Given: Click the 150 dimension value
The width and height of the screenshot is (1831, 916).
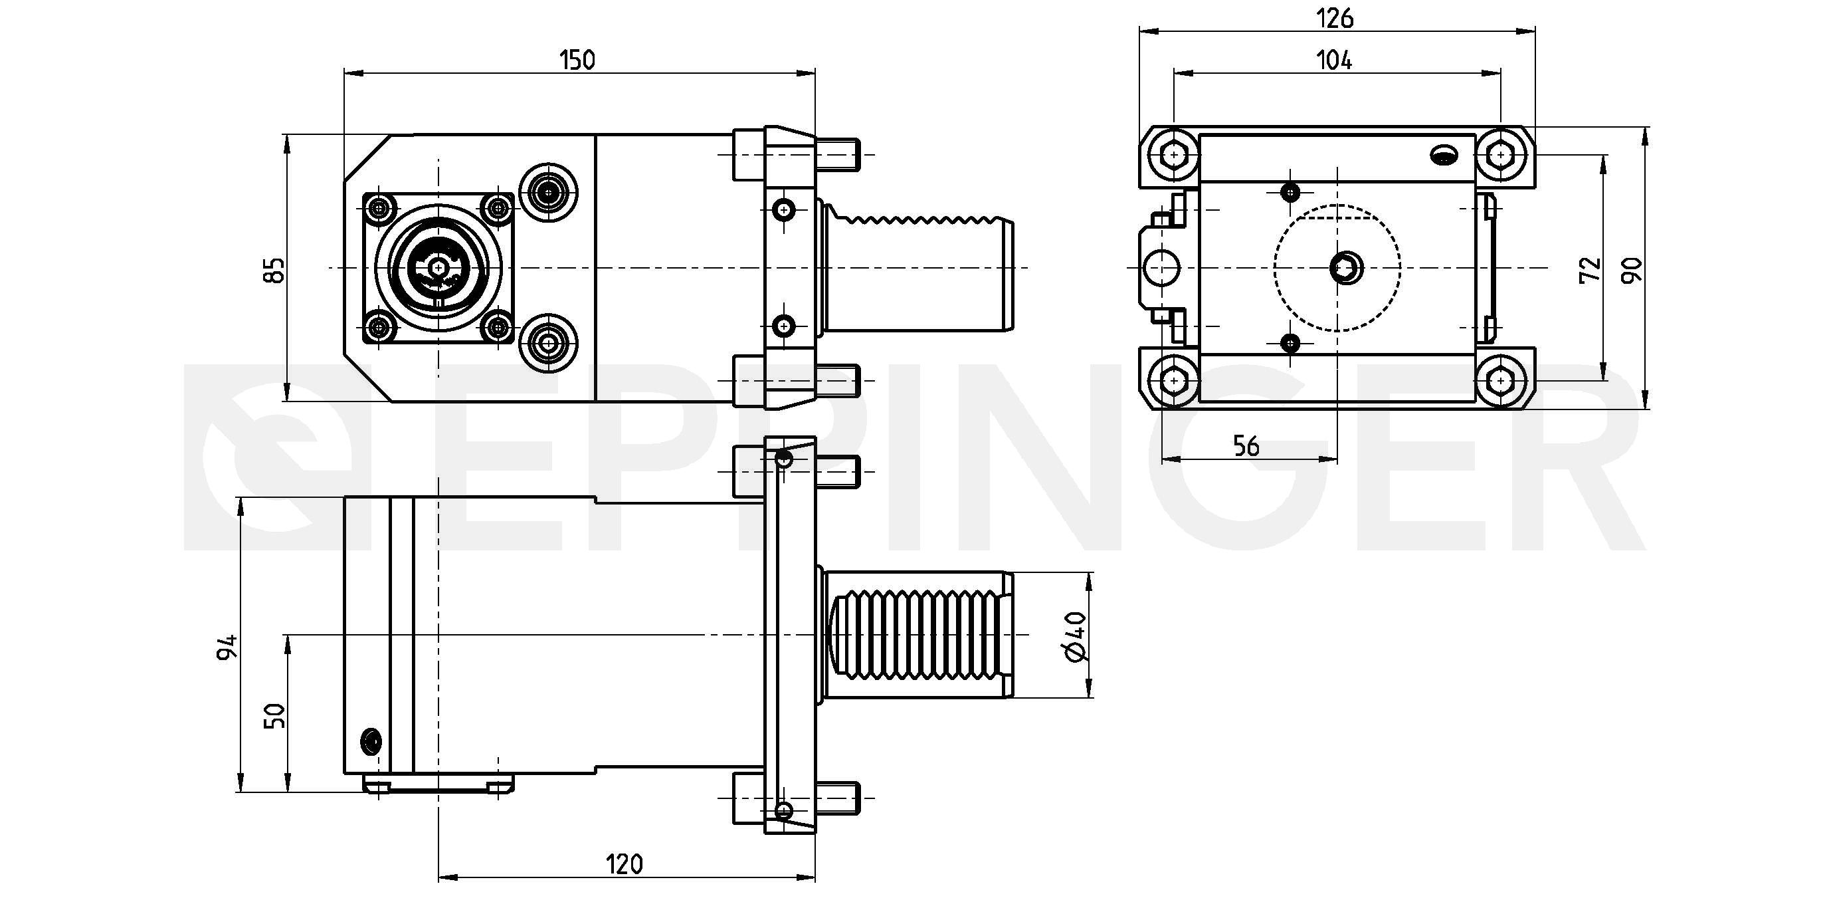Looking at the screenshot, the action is [x=577, y=60].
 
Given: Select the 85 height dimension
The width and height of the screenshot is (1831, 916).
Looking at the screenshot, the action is [x=274, y=269].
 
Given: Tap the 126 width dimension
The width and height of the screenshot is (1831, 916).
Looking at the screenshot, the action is [x=1335, y=19].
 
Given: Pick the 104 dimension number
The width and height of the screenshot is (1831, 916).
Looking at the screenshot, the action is [x=1334, y=60].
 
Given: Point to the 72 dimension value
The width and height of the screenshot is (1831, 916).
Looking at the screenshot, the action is [x=1590, y=269].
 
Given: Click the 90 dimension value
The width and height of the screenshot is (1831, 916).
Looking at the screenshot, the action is [x=1632, y=269].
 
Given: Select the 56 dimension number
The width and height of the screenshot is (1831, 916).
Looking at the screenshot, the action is [x=1246, y=446].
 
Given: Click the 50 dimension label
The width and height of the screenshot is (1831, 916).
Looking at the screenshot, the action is [x=274, y=715].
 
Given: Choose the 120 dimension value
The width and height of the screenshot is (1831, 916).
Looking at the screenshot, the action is [x=624, y=864].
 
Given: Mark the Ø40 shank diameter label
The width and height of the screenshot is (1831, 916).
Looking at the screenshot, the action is [x=1076, y=635].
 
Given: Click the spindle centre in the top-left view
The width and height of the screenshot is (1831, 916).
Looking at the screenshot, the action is [x=438, y=267].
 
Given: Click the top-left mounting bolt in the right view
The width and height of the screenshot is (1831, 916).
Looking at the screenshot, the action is [x=1173, y=154].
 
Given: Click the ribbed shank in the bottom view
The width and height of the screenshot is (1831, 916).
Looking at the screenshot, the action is [x=917, y=634].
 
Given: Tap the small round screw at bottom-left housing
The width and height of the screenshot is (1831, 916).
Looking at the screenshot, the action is [x=371, y=741].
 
